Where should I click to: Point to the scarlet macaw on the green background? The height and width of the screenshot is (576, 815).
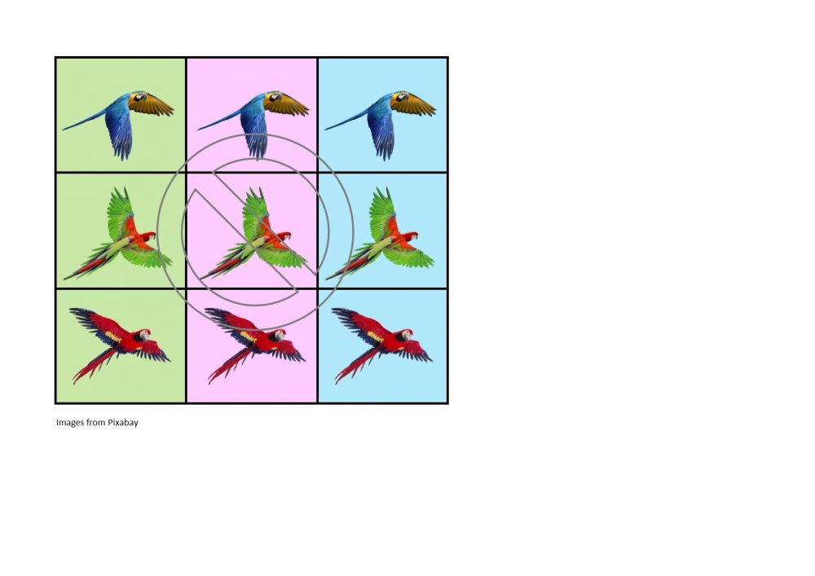point(121,343)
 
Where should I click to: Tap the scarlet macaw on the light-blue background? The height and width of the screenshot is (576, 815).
point(382,343)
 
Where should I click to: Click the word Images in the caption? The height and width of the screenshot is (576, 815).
point(69,422)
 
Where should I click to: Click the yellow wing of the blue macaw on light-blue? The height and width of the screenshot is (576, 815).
point(414,104)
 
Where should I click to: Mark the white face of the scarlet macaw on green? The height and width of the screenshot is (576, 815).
point(145,335)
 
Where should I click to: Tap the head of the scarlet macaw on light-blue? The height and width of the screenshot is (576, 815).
point(406,335)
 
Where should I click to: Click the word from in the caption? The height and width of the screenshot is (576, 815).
point(95,422)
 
